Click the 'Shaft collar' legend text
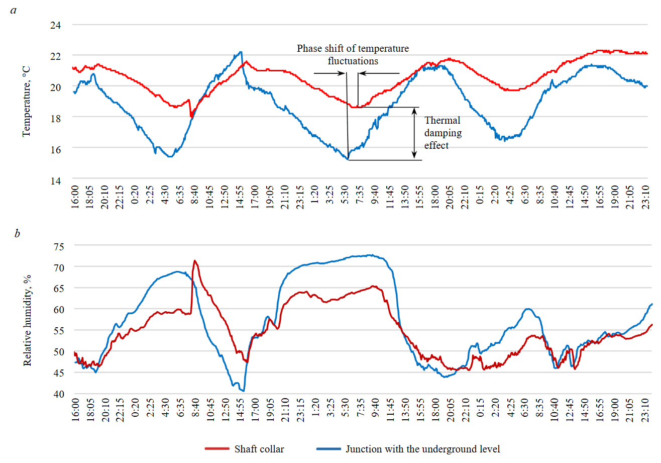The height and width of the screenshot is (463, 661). [x=259, y=449]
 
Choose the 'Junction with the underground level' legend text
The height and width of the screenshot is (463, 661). [x=423, y=449]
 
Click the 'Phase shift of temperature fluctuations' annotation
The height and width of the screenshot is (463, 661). [x=353, y=55]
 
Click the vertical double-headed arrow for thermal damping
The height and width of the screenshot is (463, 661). [x=414, y=133]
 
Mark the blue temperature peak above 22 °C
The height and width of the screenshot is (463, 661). [x=241, y=52]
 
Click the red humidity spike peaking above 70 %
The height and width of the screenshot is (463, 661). [x=195, y=260]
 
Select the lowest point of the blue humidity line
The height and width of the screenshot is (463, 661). [x=243, y=391]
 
